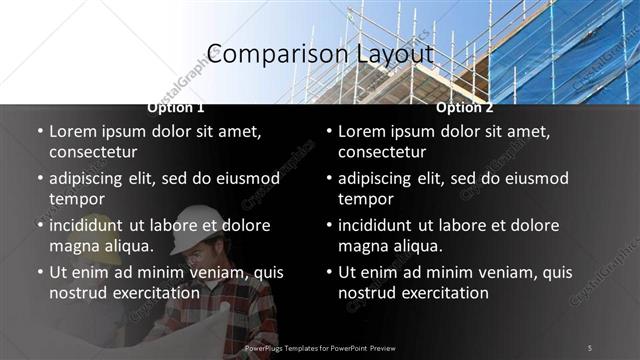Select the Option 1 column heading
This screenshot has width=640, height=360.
coord(176,107)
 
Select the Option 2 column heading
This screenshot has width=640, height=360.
coord(465,107)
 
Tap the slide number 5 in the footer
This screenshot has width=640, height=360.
coord(589,347)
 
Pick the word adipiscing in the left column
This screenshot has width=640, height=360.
coord(90,178)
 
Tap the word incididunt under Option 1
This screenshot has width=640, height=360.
coord(92,225)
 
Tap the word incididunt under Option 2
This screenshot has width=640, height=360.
coord(381,225)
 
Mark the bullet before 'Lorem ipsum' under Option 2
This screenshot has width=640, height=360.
coord(329,131)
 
